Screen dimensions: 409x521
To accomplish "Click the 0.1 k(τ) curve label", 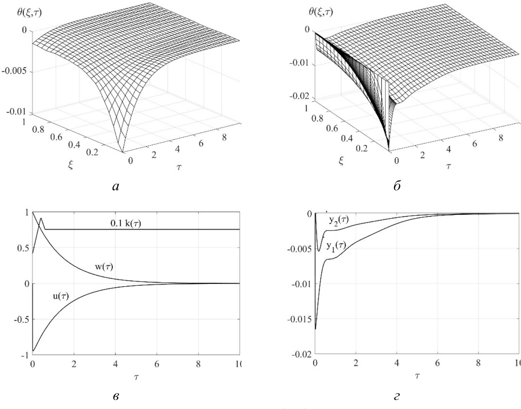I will click(124, 223).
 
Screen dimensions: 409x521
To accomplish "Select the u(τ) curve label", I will click(59, 296).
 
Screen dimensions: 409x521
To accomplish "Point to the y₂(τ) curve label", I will click(339, 221).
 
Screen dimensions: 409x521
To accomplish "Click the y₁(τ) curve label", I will click(336, 245).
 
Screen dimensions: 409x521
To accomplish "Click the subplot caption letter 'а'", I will click(116, 187).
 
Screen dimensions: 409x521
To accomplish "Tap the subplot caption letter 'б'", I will click(397, 187).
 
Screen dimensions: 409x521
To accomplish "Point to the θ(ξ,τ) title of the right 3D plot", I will click(321, 13).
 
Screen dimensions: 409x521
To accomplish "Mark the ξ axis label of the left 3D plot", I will click(71, 165).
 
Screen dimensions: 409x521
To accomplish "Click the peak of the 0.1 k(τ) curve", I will click(41, 218).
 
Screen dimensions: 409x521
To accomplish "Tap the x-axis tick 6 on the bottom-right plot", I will click(437, 363).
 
